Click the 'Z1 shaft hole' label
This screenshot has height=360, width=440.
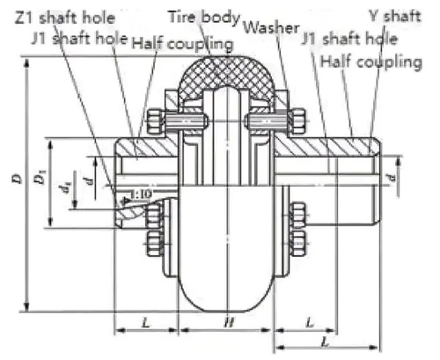(x=65, y=18)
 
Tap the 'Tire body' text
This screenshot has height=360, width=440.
(x=204, y=18)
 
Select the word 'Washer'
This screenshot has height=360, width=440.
(x=272, y=28)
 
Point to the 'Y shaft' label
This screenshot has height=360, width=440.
(x=395, y=16)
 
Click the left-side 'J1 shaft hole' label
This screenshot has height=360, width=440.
(x=80, y=39)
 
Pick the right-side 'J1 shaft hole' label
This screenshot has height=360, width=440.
(x=349, y=39)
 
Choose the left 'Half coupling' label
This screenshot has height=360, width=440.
(x=182, y=44)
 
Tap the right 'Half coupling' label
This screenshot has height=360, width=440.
(x=370, y=62)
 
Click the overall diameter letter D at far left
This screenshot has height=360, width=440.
(x=18, y=179)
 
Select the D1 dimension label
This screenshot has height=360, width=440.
(x=42, y=177)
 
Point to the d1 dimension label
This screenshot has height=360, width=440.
(x=67, y=187)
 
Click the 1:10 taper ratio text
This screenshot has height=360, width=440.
(x=142, y=194)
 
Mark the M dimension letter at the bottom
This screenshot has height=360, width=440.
(x=229, y=323)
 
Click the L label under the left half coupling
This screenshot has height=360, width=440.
(x=146, y=323)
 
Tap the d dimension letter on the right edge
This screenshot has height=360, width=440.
(x=391, y=178)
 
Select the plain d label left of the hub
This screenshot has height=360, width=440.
(x=91, y=180)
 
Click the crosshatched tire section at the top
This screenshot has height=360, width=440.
(x=228, y=73)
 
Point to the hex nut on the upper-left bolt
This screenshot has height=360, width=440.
(x=155, y=121)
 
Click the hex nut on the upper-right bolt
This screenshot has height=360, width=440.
(x=297, y=121)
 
